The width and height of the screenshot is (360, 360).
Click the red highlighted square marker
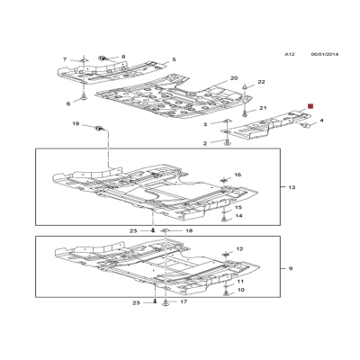click(310, 106)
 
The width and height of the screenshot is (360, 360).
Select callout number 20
click(234, 78)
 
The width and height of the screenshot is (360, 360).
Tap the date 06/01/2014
click(325, 54)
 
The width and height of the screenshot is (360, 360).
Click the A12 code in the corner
click(290, 54)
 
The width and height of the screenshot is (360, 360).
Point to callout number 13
click(292, 187)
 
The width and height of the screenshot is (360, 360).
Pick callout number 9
click(291, 268)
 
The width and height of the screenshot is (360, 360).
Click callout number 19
click(76, 123)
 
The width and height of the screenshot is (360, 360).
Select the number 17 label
click(184, 301)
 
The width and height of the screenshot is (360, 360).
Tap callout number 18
click(189, 231)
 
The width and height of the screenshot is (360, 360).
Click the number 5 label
click(174, 59)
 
